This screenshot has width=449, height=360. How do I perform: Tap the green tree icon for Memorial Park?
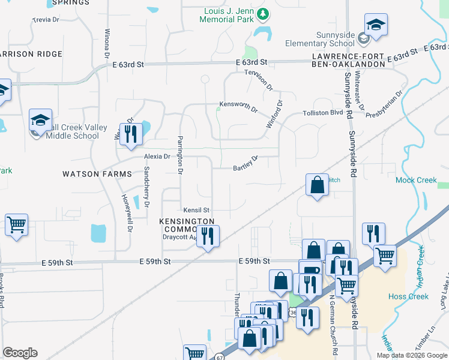click(262, 13)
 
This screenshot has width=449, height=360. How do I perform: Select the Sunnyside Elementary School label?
click(320, 39)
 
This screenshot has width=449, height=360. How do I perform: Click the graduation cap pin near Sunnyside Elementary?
click(376, 25)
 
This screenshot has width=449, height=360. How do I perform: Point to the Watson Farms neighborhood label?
click(97, 174)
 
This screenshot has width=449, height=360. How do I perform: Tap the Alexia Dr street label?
click(157, 156)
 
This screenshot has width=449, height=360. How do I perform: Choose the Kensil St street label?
click(196, 210)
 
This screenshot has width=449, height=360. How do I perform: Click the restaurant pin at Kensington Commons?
click(208, 235)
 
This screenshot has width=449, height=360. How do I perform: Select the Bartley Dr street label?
click(245, 163)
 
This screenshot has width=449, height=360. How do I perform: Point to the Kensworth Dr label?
click(237, 109)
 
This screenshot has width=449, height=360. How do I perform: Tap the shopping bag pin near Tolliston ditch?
click(316, 185)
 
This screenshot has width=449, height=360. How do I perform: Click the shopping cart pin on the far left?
click(16, 225)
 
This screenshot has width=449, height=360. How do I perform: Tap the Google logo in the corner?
click(20, 353)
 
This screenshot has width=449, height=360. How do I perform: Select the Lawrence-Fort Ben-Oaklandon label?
click(349, 60)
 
